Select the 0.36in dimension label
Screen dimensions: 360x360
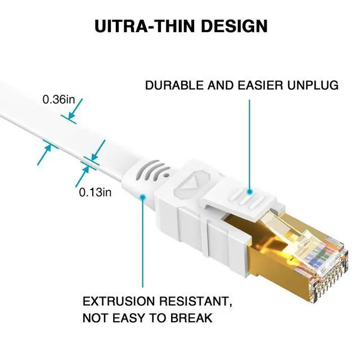[x=58, y=100]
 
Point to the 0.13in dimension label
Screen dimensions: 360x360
[x=95, y=192]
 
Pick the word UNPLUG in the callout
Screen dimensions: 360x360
[x=312, y=86]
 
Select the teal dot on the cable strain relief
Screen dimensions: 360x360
[x=143, y=197]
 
